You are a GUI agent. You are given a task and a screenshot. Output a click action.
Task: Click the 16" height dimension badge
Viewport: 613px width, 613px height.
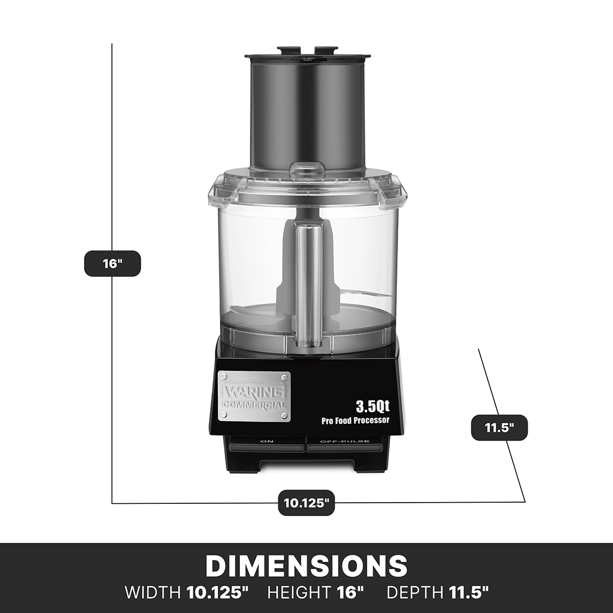pos(112,263)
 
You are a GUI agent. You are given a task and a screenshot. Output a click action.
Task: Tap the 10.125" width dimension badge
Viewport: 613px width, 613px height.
pos(306,503)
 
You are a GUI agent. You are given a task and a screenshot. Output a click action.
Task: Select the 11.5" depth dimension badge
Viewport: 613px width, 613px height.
pos(499,427)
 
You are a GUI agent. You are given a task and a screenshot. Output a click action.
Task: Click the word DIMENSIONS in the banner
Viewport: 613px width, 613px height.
pos(306,566)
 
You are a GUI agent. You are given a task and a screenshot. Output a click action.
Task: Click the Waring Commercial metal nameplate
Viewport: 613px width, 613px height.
pos(254,395)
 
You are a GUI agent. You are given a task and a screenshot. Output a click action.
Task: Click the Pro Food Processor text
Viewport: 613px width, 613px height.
pos(355,420)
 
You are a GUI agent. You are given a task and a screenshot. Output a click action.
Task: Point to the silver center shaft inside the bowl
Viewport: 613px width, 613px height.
pos(307,286)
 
